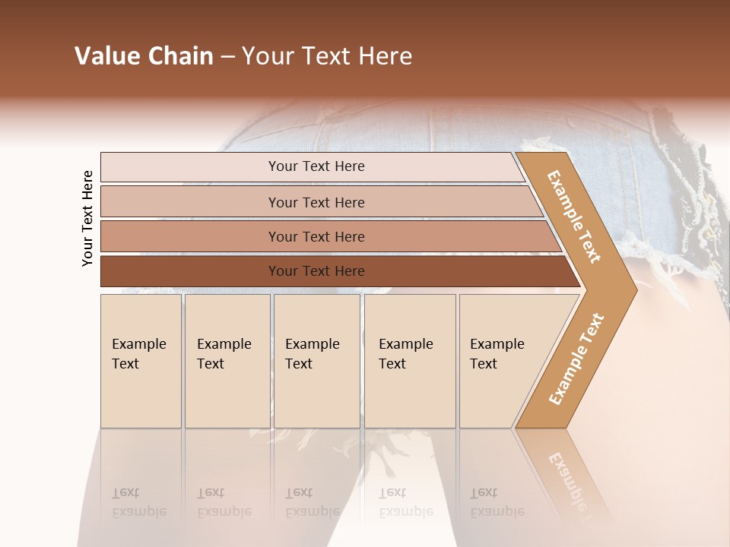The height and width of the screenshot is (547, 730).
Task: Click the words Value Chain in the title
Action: [x=144, y=56]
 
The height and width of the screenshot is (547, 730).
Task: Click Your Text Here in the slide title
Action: [x=327, y=56]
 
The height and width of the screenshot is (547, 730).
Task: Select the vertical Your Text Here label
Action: [x=87, y=218]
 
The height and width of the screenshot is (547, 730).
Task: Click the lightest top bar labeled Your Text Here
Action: [x=316, y=166]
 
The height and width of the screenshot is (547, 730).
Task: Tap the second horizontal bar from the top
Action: [x=316, y=202]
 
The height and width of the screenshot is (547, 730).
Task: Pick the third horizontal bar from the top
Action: [x=316, y=236]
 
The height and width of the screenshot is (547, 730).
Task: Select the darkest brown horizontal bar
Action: [x=316, y=271]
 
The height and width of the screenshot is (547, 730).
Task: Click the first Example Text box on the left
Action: [x=141, y=360]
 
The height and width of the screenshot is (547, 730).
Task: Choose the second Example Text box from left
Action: [x=227, y=360]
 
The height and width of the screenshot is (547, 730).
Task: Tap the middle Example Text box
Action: [x=316, y=360]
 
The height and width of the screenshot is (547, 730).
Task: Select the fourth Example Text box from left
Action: [x=409, y=360]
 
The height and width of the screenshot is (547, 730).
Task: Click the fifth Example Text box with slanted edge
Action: [x=498, y=360]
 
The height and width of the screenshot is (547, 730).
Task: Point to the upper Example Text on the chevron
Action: [x=574, y=217]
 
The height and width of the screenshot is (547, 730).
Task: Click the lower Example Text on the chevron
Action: [x=576, y=359]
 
